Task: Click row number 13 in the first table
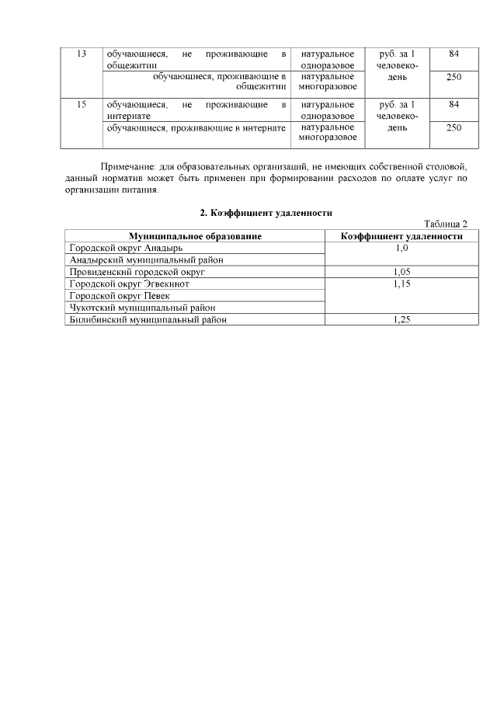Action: coord(82,54)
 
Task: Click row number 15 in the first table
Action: coord(82,104)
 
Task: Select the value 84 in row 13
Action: coord(454,54)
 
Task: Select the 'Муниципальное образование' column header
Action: coord(195,236)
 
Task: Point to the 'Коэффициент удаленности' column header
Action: coord(401,236)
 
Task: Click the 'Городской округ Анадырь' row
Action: coord(126,248)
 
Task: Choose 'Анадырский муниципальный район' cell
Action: coord(146,260)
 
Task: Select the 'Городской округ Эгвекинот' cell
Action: coord(129,284)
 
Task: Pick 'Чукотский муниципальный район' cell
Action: coord(142,308)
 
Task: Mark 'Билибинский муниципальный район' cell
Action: coord(148,320)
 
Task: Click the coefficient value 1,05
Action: coord(401,272)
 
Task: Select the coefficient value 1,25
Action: coord(401,320)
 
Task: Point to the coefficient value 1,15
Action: coord(401,284)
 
